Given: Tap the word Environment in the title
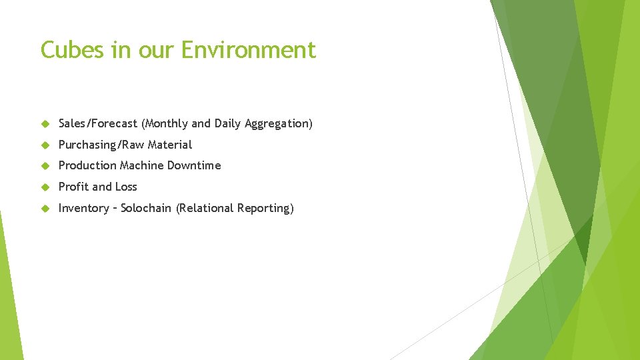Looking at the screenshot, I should [249, 50].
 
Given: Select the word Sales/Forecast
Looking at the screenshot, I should [98, 123].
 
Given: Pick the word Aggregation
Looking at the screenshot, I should [278, 123].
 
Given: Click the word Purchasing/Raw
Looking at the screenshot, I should [101, 145].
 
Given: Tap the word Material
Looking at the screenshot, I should [170, 145].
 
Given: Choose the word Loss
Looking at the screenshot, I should [125, 187].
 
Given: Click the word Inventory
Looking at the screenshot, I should [83, 208].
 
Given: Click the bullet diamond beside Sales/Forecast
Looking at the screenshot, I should [45, 124].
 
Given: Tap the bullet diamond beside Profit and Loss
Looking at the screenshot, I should [45, 187].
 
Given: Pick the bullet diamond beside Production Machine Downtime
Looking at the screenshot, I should [45, 166].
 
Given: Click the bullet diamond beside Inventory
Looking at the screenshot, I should [45, 209].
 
